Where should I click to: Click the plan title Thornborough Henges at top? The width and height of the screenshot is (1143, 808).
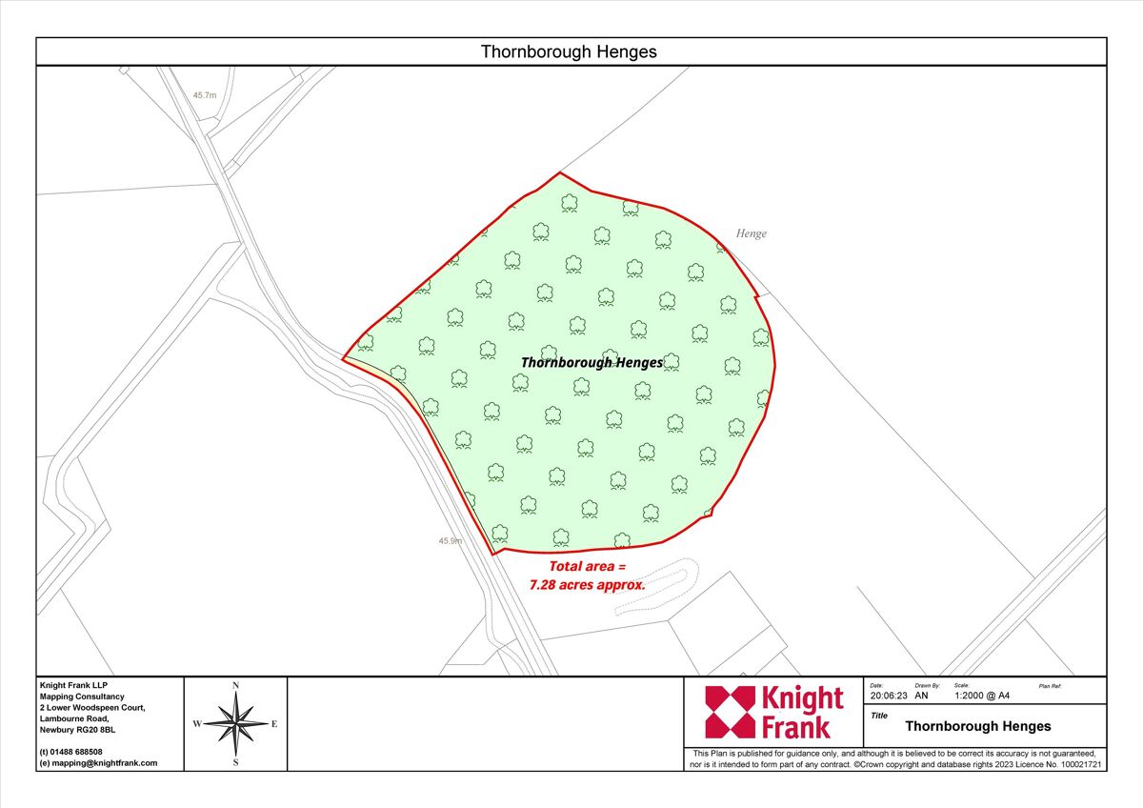[569, 51]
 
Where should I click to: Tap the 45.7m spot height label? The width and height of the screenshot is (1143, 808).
[205, 95]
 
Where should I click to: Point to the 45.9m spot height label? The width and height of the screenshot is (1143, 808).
[451, 540]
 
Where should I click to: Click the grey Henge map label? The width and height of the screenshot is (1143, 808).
[751, 233]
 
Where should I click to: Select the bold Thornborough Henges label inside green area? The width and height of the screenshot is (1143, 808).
[592, 362]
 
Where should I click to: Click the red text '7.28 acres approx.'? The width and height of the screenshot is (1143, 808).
[588, 584]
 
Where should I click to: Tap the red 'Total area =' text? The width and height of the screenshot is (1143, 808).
[587, 566]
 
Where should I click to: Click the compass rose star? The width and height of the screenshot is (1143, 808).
[235, 723]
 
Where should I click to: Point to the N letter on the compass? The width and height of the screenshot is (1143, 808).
[235, 685]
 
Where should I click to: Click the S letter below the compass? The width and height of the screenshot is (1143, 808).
[235, 762]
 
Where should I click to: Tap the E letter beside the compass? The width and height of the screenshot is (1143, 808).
[274, 724]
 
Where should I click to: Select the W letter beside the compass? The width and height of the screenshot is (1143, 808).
[197, 724]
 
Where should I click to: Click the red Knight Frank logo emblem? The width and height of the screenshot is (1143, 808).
[729, 712]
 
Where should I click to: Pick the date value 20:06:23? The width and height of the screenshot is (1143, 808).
[888, 696]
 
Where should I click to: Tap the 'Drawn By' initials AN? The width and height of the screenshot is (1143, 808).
[921, 696]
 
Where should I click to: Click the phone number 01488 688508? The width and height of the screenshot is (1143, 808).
[77, 752]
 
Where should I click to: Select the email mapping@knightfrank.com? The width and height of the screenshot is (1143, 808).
[103, 763]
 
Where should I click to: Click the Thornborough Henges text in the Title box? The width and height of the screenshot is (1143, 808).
[978, 726]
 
